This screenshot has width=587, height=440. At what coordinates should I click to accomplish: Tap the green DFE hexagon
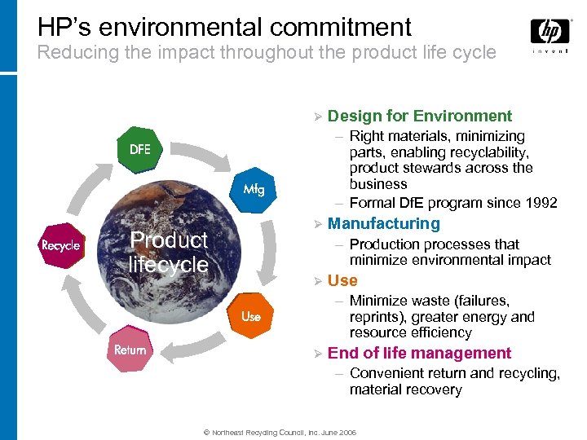coord(139,149)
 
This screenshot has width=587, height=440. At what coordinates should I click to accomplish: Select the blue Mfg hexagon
coord(254,189)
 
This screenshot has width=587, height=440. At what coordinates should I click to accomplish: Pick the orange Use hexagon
coord(250,315)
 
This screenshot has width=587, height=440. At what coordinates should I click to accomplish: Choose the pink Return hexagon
coord(130,350)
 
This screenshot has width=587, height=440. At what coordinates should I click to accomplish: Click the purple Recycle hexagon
coord(61,245)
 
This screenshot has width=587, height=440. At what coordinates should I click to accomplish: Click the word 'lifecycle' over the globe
coord(169,265)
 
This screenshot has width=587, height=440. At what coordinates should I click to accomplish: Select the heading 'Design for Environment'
coord(420,116)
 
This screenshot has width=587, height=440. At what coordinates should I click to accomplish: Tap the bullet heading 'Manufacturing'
coord(383,223)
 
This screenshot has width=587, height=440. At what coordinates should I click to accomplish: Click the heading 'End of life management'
coord(419,353)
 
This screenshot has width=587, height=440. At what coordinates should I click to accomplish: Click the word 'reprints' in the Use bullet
coord(376,317)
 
